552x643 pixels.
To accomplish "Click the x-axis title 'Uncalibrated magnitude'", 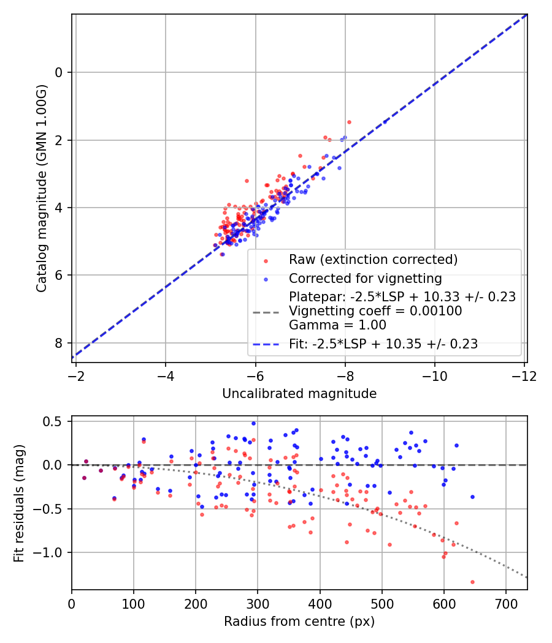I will pos(299,394).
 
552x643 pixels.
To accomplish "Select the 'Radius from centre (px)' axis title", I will pos(299,622).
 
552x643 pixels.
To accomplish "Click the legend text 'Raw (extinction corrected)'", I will pos(373,260).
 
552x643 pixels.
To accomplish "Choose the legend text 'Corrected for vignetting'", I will pos(366,279).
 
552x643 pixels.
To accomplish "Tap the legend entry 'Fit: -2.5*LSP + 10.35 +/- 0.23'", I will pos(383,344).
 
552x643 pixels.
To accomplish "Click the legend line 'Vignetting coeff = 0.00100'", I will pos(375,311).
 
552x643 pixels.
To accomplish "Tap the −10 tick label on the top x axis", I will pos(434,374).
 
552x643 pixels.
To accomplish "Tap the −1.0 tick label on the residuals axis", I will pos(51,553).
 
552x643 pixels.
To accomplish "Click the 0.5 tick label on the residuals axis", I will pos(55,421).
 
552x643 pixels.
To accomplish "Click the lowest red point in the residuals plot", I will pos(472,582).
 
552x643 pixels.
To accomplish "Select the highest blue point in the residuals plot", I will pos(253,423).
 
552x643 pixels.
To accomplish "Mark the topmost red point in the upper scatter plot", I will pos(349,122).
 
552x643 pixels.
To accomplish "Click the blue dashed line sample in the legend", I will pos(267,344).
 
